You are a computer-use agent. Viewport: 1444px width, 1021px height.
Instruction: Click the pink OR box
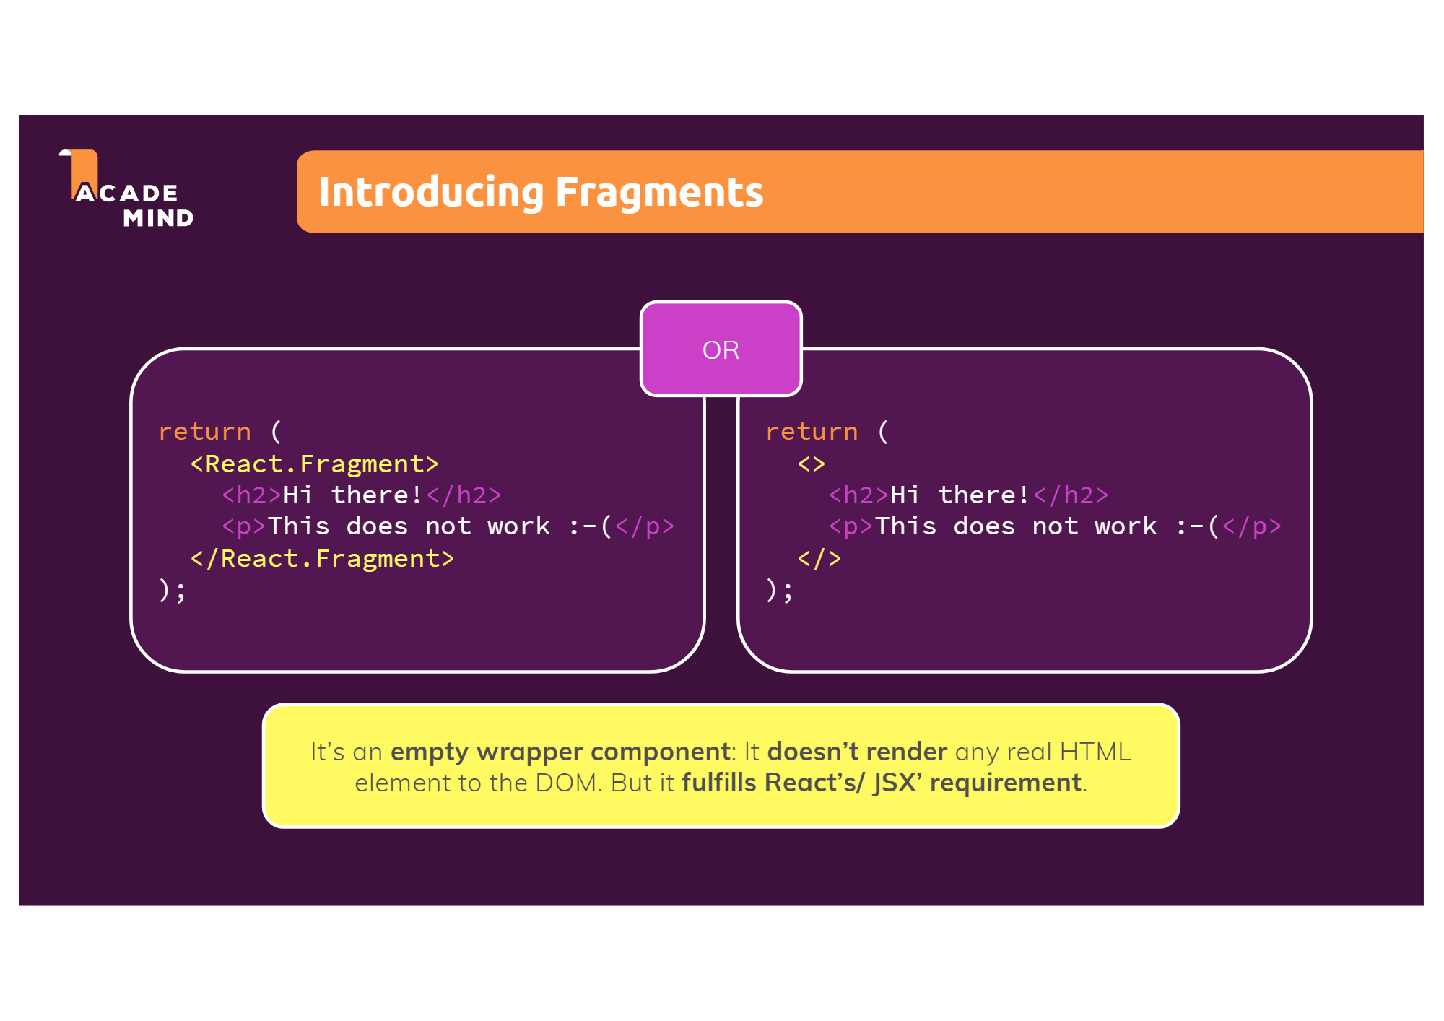click(721, 349)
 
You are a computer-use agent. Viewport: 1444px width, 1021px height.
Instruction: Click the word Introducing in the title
click(431, 192)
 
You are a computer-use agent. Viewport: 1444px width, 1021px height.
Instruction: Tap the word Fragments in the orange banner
click(659, 192)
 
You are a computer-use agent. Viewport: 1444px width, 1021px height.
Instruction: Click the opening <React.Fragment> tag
click(314, 464)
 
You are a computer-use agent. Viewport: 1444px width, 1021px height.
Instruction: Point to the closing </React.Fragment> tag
click(322, 559)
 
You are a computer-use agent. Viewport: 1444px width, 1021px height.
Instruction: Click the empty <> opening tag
click(811, 464)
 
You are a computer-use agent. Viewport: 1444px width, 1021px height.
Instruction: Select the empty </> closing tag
click(819, 559)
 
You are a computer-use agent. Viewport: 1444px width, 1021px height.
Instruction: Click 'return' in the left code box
click(205, 432)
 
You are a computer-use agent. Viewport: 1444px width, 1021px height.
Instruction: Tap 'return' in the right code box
click(812, 432)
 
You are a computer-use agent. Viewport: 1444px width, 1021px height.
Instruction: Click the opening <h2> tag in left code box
click(251, 495)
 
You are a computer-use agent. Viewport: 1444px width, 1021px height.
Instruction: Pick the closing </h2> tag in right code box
click(1071, 495)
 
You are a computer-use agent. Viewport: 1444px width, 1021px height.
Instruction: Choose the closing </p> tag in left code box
click(644, 527)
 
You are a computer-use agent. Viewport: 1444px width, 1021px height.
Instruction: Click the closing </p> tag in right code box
click(1251, 527)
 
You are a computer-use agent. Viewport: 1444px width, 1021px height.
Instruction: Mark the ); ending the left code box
click(173, 591)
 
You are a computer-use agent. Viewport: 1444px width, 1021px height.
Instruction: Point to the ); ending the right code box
click(779, 591)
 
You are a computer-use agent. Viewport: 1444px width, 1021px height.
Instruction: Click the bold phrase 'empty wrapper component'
click(560, 752)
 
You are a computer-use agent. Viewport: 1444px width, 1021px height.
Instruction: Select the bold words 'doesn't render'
click(857, 752)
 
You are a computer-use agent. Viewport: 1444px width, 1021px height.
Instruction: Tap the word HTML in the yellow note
click(1095, 752)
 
